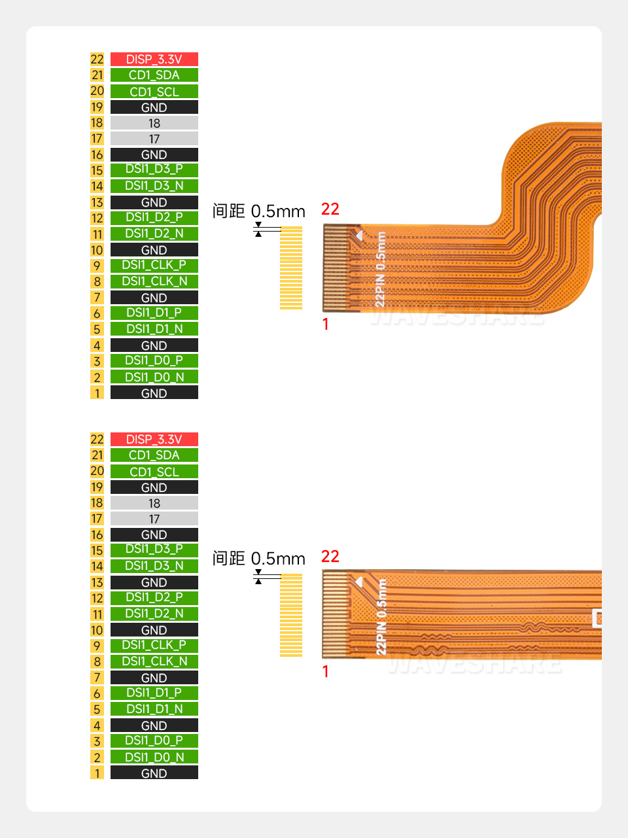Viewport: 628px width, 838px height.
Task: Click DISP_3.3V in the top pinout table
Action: coord(154,59)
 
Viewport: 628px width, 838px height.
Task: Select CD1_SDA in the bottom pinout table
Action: coord(154,455)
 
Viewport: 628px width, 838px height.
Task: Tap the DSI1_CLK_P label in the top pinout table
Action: coord(154,266)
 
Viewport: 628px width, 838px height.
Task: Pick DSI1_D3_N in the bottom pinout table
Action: coord(154,566)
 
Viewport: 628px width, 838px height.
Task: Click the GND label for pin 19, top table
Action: coord(154,107)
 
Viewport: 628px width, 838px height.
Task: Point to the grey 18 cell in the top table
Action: coord(154,123)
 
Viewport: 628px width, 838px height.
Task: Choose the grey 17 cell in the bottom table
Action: coord(154,519)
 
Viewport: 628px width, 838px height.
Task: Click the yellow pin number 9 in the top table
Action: coord(97,266)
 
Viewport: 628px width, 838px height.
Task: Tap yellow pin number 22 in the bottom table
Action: coord(97,439)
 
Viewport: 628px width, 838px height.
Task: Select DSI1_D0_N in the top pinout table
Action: coord(154,377)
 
